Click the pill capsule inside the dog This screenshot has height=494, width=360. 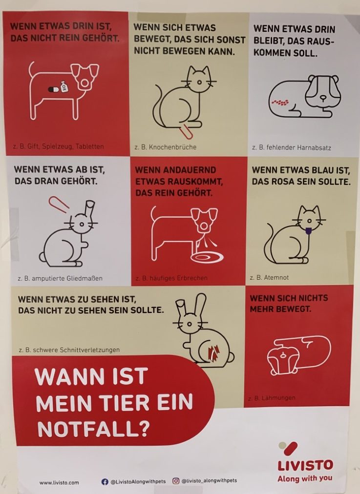[x=54, y=89]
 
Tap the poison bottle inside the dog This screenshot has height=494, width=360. [x=63, y=86]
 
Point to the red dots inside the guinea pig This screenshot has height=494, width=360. [x=280, y=102]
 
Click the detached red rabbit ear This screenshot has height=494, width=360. [x=59, y=204]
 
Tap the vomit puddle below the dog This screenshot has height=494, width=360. [x=207, y=257]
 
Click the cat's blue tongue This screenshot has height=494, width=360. [x=309, y=231]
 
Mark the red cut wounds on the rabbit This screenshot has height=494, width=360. [x=214, y=352]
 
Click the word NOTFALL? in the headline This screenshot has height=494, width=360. [x=93, y=428]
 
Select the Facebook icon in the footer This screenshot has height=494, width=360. [x=105, y=481]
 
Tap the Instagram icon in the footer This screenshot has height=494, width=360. [x=176, y=481]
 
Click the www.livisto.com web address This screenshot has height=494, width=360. [x=59, y=482]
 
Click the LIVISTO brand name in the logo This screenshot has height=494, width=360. [x=305, y=465]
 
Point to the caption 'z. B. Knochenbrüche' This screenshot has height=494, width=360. [x=166, y=147]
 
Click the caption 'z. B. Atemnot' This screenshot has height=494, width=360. [x=269, y=278]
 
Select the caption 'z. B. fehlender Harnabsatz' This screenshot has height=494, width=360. [x=292, y=147]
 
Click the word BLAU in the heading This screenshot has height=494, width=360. [x=323, y=170]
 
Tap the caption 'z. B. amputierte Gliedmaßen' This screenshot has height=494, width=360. [x=60, y=279]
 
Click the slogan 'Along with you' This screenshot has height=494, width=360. [x=305, y=478]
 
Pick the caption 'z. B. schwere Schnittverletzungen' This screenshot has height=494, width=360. [x=69, y=350]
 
